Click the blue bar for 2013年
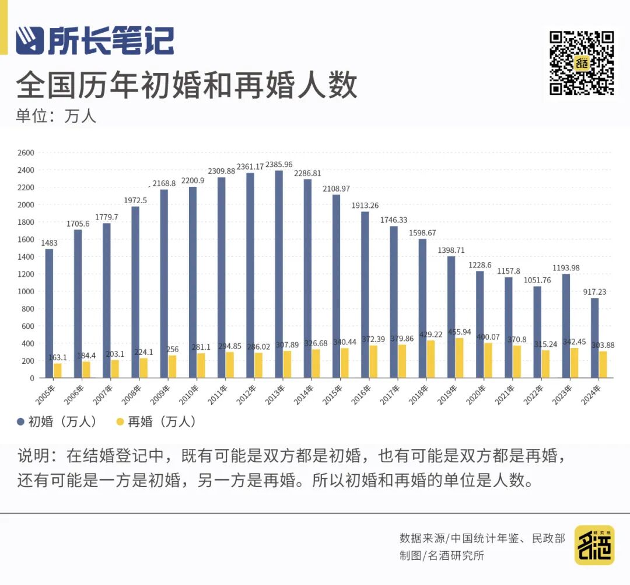tap(279, 274)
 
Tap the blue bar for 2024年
tap(594, 338)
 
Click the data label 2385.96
tap(283, 165)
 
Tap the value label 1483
tap(50, 243)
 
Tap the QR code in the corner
tap(582, 63)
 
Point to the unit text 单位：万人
tap(56, 116)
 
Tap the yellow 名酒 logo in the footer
tap(594, 545)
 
